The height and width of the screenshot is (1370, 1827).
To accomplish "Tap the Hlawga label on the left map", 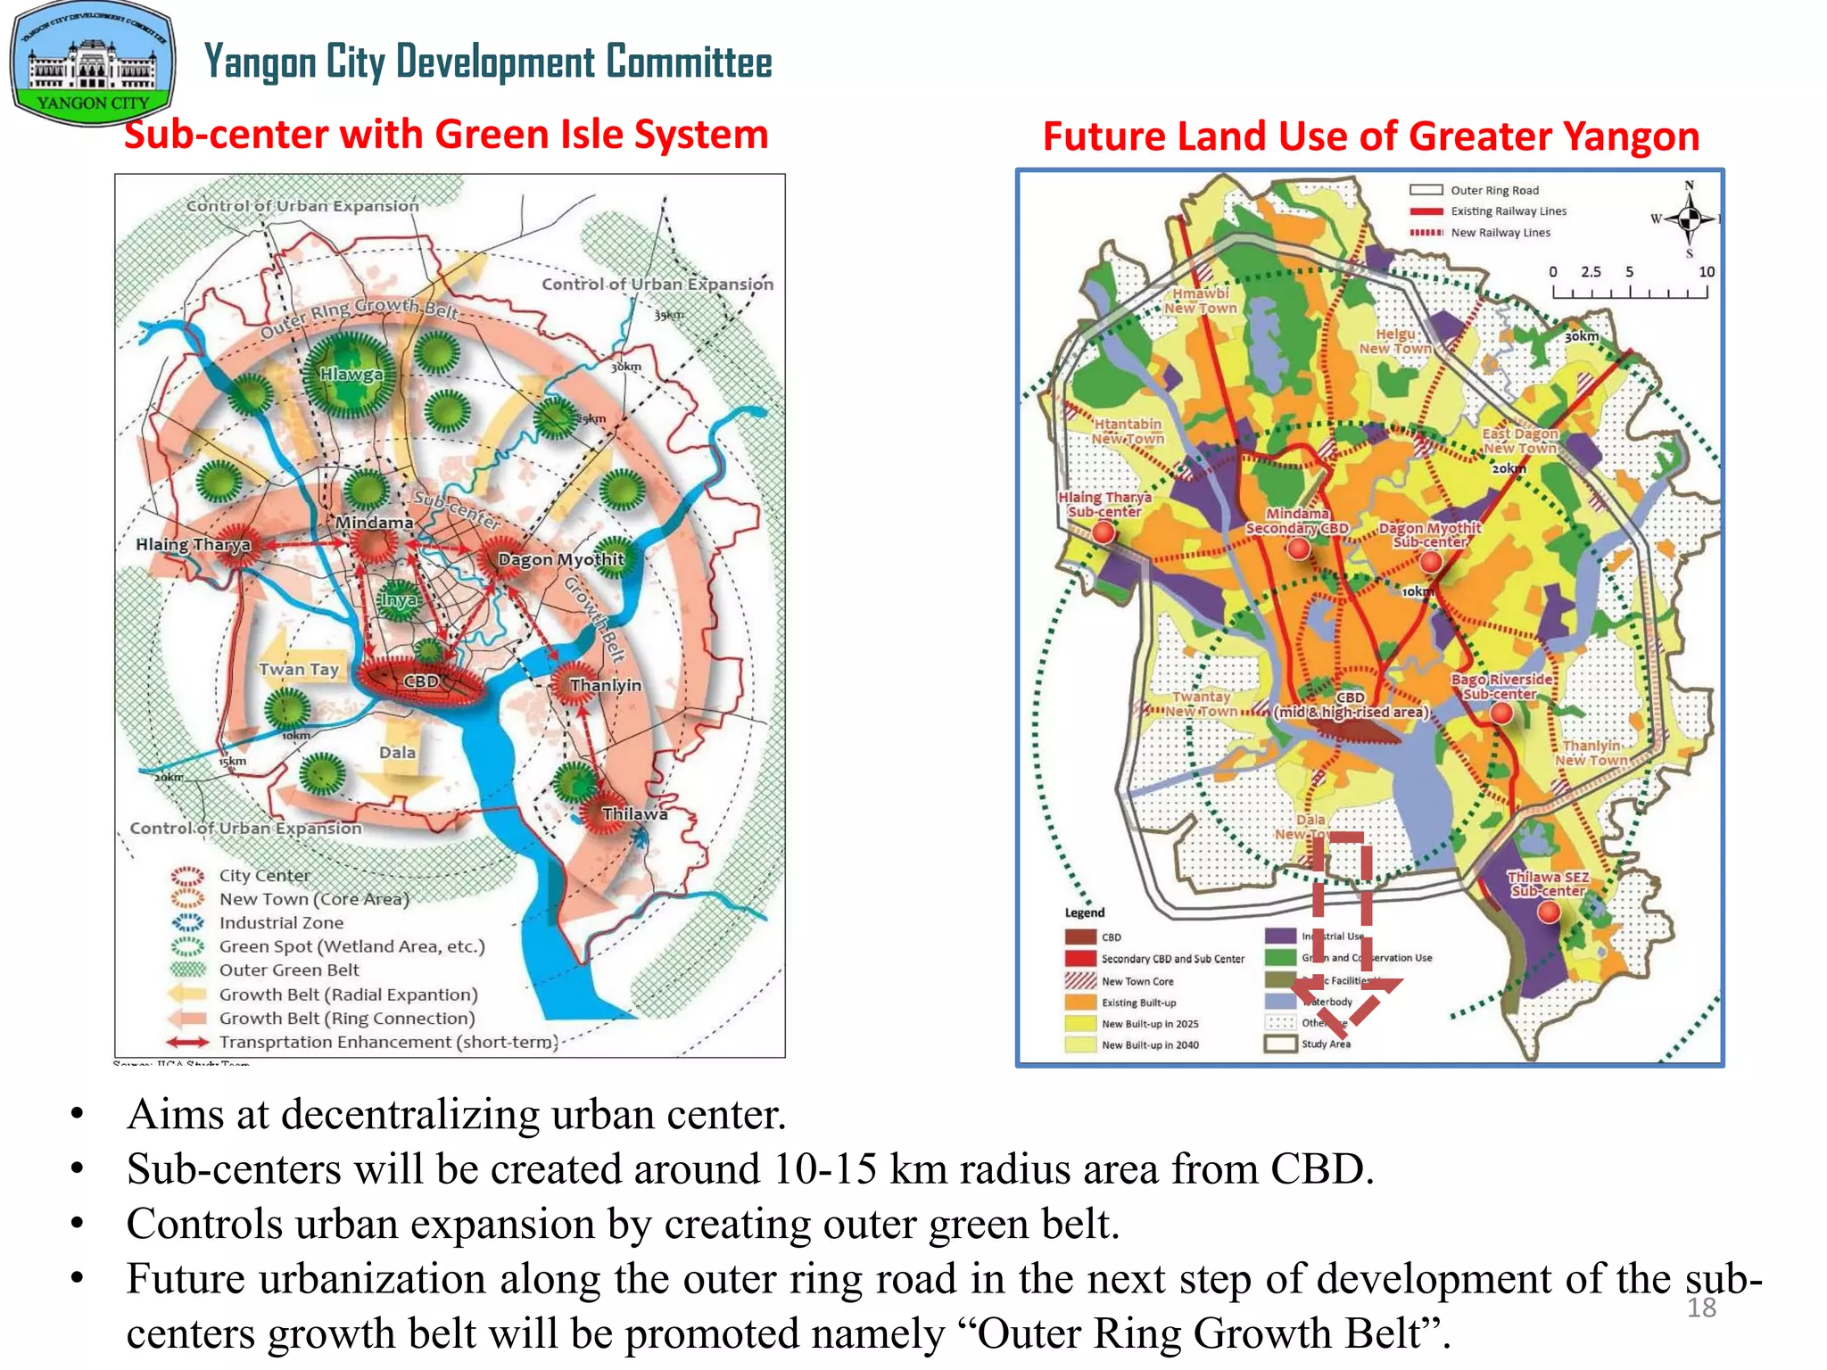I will (x=351, y=375).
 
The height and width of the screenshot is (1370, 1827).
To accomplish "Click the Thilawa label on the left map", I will (x=634, y=813).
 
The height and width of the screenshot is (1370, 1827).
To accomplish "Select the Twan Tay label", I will (x=299, y=669).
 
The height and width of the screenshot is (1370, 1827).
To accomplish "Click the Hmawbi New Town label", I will (x=1201, y=301).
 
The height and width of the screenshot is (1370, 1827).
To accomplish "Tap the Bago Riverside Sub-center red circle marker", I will (x=1501, y=713).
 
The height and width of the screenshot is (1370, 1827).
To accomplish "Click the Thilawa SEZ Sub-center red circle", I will (x=1550, y=912).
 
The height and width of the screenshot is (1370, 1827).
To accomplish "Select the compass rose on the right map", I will (x=1688, y=218).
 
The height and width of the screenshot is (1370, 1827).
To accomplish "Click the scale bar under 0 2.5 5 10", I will (x=1630, y=292).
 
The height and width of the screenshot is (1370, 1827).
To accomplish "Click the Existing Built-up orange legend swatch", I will (x=1080, y=1003).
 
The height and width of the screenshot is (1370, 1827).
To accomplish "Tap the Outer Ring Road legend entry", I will (x=1474, y=190).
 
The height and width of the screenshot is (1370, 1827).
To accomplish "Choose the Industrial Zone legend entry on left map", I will (x=280, y=923).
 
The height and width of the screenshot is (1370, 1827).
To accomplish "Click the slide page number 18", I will (x=1701, y=1308).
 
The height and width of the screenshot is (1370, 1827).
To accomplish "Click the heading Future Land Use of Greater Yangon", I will (x=1370, y=136).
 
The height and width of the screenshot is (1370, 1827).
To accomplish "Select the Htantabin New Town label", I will (x=1128, y=432).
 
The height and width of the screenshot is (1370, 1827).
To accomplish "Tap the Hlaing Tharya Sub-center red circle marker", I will (x=1104, y=532).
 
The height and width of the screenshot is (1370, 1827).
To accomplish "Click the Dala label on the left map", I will (x=397, y=752).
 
